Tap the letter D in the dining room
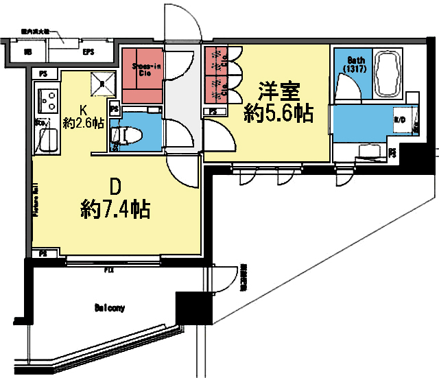tap(116, 186)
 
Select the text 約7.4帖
tap(116, 207)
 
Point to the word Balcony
tap(110, 308)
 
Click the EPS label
tap(88, 52)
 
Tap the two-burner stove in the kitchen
tap(49, 101)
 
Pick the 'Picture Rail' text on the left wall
tap(35, 199)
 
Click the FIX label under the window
tap(108, 270)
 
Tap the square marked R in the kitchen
tap(102, 82)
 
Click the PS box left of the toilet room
tap(114, 108)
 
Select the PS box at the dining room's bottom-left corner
tap(43, 254)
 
